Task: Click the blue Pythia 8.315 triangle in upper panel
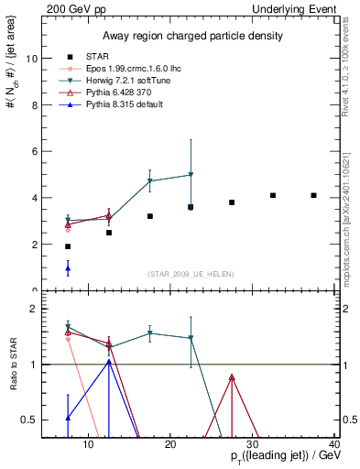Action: click(68, 268)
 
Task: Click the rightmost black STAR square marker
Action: click(313, 195)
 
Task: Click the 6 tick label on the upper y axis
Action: click(34, 151)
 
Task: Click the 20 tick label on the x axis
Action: click(170, 445)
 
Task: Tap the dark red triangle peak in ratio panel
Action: click(232, 376)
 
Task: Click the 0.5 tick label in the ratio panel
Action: click(29, 420)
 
